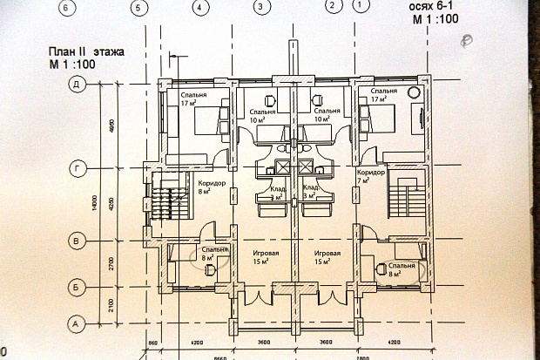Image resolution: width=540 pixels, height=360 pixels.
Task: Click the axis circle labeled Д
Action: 78,84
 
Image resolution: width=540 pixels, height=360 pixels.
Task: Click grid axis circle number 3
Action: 260,7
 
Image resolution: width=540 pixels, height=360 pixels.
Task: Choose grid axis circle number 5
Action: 136,7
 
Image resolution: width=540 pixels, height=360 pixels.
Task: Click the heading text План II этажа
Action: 86,52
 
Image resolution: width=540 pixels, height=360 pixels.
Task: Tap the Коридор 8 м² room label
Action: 212,187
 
